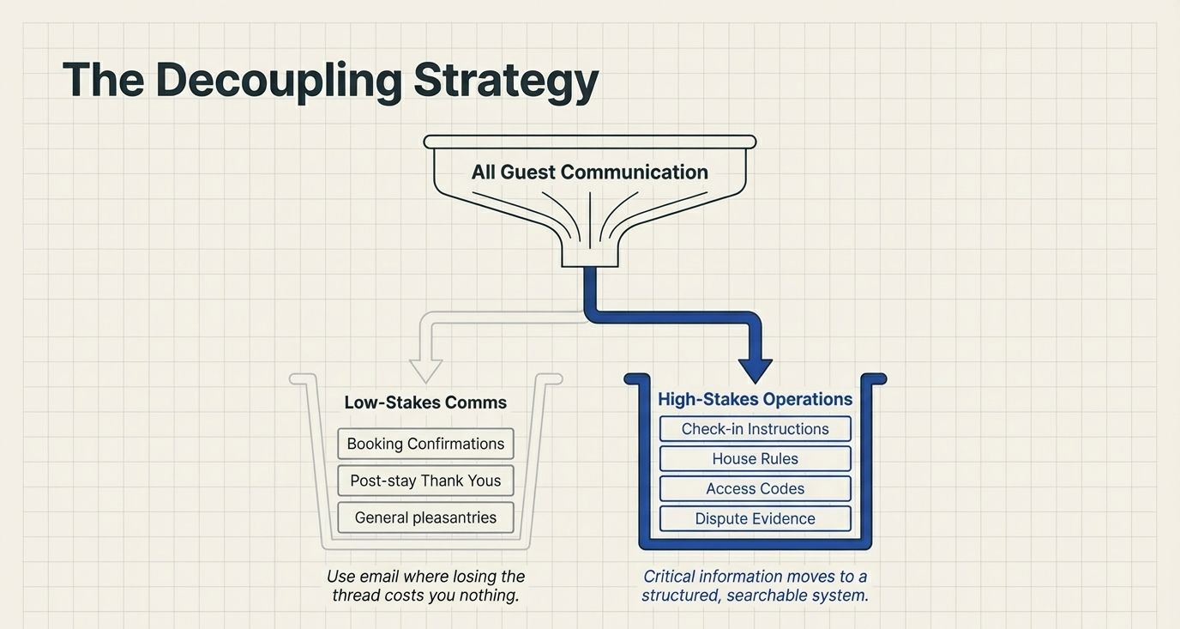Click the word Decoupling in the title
(278, 80)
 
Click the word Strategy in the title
(505, 80)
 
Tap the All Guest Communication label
(589, 172)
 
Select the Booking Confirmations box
(425, 444)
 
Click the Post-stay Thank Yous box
(425, 481)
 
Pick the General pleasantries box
(425, 517)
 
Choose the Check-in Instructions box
(755, 429)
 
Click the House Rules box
(755, 459)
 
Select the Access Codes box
(755, 489)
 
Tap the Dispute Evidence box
(755, 519)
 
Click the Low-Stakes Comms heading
(425, 402)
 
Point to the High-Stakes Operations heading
(755, 399)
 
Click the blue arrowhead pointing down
(755, 369)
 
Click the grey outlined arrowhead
(425, 369)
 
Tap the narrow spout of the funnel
(589, 253)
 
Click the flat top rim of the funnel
(589, 142)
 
